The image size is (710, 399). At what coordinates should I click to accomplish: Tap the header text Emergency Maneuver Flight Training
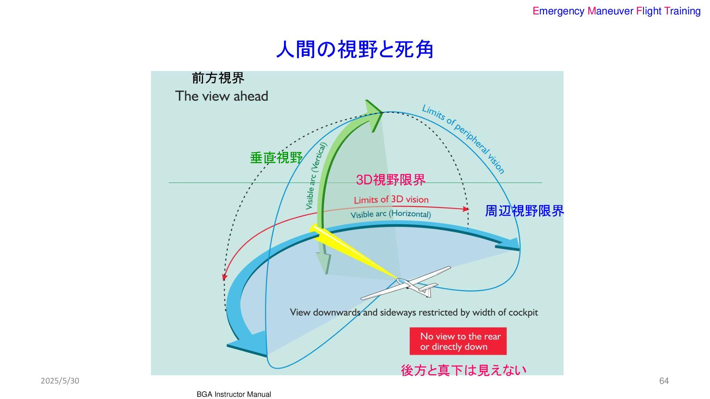(616, 11)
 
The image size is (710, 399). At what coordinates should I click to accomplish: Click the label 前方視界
(218, 78)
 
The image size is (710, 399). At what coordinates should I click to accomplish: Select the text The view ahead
(222, 96)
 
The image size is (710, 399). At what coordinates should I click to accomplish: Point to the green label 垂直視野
(276, 158)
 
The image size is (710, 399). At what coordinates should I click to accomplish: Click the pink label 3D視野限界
(390, 180)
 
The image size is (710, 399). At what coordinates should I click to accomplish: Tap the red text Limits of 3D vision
(391, 200)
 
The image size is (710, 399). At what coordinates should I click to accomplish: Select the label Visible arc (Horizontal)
(390, 214)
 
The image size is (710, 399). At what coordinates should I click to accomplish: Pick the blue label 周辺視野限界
(524, 211)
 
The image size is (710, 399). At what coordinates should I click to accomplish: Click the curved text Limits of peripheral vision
(464, 138)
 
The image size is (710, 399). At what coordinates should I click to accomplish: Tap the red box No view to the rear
(458, 341)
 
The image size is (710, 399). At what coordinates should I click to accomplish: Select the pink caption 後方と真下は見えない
(463, 370)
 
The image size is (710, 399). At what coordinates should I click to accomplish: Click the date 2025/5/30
(60, 381)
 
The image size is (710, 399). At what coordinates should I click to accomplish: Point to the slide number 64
(664, 381)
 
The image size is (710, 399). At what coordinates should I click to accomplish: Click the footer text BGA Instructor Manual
(234, 395)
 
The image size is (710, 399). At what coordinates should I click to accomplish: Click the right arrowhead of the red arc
(466, 209)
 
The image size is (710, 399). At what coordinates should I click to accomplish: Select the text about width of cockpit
(414, 313)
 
